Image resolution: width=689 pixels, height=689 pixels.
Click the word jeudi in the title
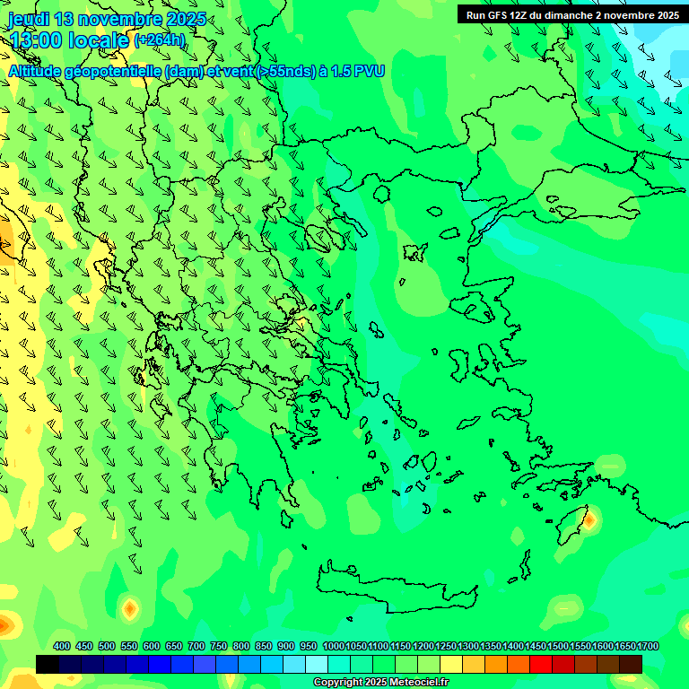coord(27,20)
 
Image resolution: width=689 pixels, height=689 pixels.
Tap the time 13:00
coord(41,40)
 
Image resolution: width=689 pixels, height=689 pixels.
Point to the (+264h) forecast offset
coord(159,40)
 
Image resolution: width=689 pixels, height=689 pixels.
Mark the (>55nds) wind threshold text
coord(285,71)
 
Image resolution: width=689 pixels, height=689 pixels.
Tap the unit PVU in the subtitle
coord(370,71)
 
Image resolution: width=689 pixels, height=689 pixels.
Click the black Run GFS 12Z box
coord(571,15)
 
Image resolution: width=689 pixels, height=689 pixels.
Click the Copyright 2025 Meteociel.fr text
coord(380,683)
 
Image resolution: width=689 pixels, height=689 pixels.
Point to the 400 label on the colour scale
coord(62,647)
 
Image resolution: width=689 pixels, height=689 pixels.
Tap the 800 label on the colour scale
coord(241,647)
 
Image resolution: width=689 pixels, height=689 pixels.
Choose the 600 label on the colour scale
coord(152,647)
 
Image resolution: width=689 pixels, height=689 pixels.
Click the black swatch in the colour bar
coord(48,664)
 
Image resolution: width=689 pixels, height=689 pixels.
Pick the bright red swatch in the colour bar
coord(541,664)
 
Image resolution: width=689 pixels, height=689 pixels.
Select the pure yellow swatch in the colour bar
coord(451,664)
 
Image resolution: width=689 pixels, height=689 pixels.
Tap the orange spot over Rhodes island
coord(589,519)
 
